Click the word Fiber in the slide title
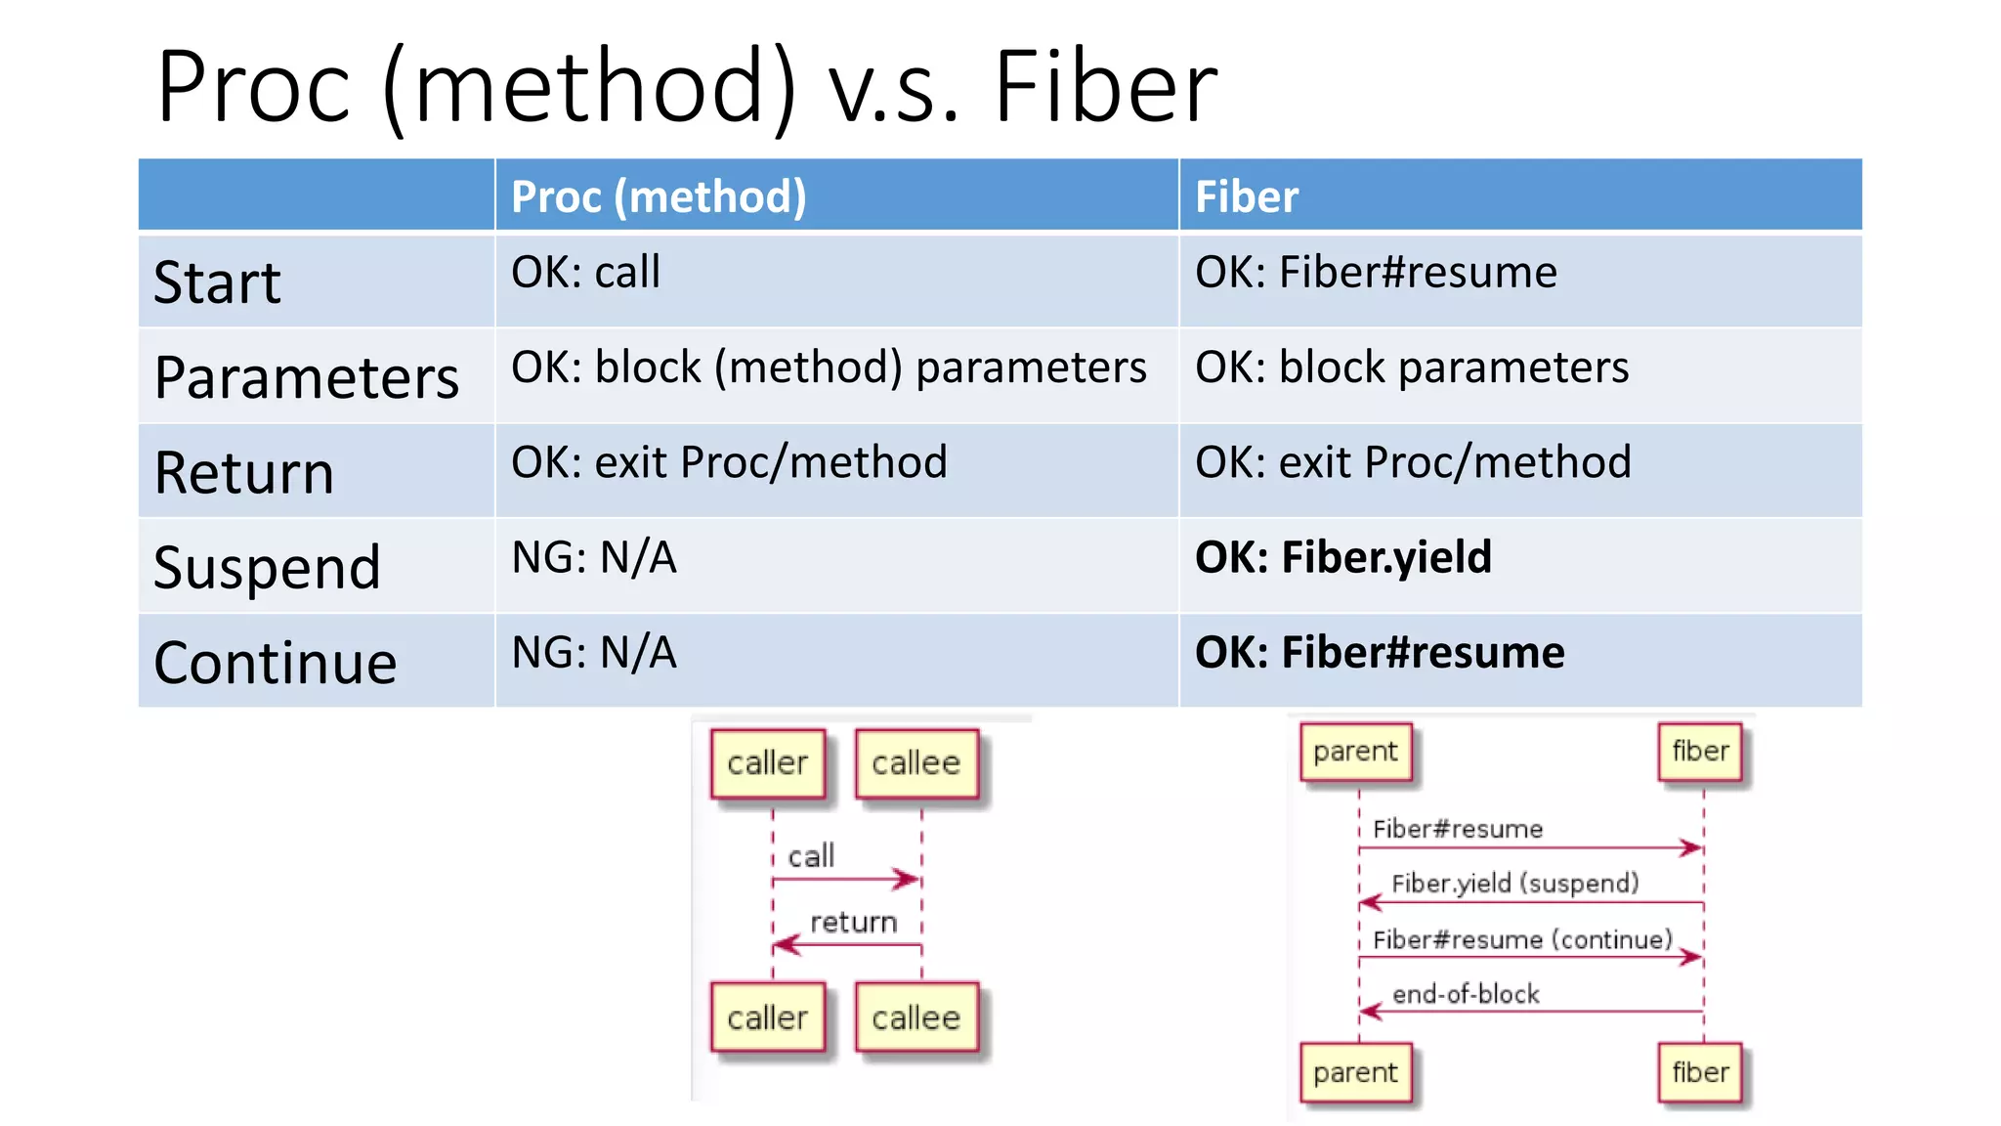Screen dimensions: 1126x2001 click(x=1105, y=88)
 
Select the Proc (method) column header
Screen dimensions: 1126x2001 click(x=659, y=196)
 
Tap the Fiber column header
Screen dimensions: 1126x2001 click(x=1247, y=196)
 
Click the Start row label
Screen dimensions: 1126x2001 click(x=217, y=282)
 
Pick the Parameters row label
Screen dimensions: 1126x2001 click(x=306, y=377)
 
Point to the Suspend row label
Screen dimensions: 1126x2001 click(x=267, y=568)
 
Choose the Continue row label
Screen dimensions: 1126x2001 click(x=275, y=663)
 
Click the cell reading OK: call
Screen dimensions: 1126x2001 click(x=585, y=272)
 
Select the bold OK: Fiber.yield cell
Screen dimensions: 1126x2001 click(x=1342, y=557)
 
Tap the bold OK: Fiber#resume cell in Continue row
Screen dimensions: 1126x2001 click(x=1379, y=652)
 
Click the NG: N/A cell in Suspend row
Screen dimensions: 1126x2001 click(x=594, y=557)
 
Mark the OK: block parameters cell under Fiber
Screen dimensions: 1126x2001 click(x=1411, y=368)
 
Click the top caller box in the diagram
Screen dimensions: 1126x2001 click(x=768, y=763)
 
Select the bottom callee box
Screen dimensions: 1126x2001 click(x=915, y=1018)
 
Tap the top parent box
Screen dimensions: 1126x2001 click(x=1355, y=752)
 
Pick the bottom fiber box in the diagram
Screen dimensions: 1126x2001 click(x=1700, y=1072)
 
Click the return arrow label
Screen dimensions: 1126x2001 click(x=853, y=922)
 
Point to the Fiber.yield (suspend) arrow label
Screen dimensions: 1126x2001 click(x=1514, y=884)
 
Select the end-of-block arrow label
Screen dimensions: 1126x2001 click(x=1465, y=994)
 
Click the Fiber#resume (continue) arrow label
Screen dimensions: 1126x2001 click(x=1521, y=939)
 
